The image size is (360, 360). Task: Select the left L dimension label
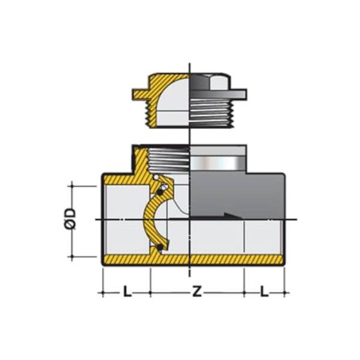click(x=127, y=293)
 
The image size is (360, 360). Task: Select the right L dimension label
click(x=264, y=293)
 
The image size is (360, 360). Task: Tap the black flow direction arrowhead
click(x=230, y=217)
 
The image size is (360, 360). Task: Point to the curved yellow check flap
click(x=154, y=219)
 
